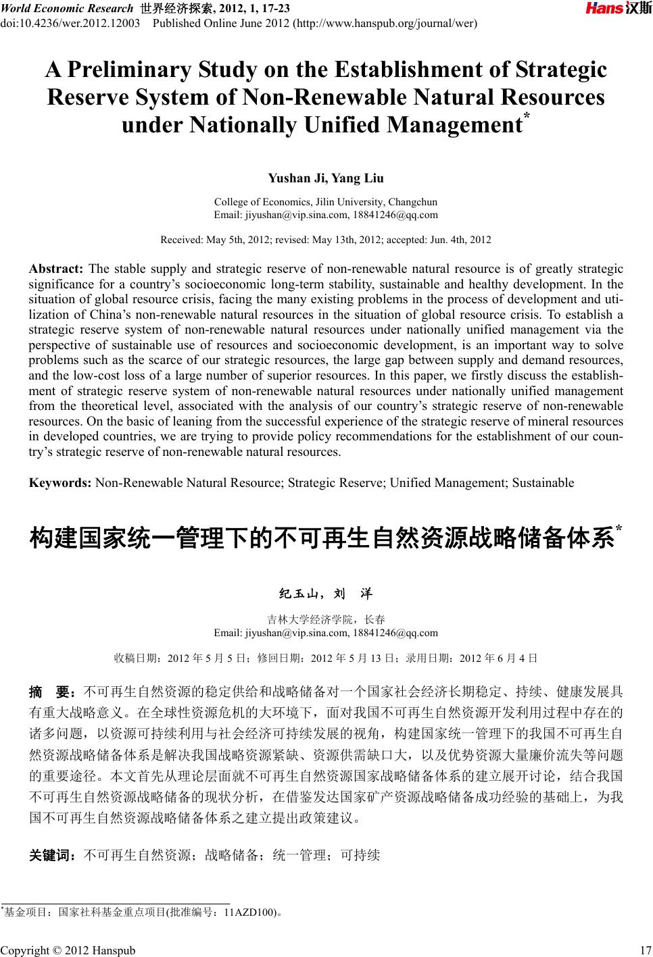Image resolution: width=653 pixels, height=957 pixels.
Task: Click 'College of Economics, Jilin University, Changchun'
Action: point(326,202)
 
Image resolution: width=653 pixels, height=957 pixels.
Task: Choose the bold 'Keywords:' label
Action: point(60,483)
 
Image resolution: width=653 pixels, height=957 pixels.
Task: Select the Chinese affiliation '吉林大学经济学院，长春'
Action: point(326,619)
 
